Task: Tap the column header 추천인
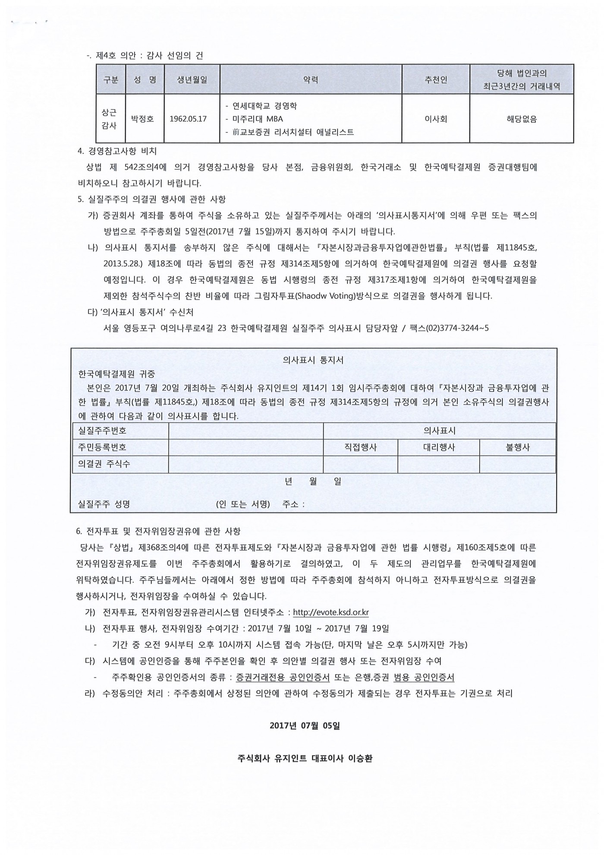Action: [x=436, y=80]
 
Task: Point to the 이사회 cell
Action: [x=436, y=119]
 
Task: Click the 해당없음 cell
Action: [x=522, y=119]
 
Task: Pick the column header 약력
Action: [x=311, y=80]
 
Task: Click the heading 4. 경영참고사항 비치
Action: [x=117, y=151]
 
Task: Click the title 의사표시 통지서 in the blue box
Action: [x=313, y=360]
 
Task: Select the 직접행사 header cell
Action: [x=360, y=448]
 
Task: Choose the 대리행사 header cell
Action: [x=439, y=448]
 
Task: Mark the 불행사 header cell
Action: [x=517, y=448]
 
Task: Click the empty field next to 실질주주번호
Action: [x=246, y=431]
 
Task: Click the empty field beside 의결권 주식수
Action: [x=246, y=464]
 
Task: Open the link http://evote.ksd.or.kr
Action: [x=330, y=612]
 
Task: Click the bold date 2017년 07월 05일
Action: [x=305, y=726]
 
